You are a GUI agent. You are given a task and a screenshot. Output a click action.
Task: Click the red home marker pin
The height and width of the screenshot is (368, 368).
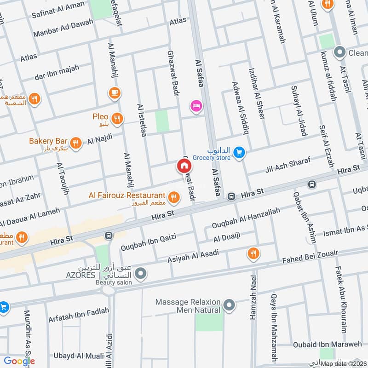[x=184, y=166]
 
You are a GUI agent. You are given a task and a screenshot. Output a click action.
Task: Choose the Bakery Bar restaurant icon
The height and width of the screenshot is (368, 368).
[x=77, y=143]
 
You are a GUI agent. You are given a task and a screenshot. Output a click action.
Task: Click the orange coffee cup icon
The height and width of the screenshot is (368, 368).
[x=114, y=93]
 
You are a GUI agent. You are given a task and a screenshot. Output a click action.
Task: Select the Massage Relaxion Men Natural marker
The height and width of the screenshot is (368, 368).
[x=229, y=305]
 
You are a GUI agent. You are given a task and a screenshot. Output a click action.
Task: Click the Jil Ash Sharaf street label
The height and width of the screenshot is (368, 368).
[x=288, y=165]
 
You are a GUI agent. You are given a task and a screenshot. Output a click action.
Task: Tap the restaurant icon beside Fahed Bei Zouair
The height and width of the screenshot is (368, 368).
[x=253, y=253]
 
